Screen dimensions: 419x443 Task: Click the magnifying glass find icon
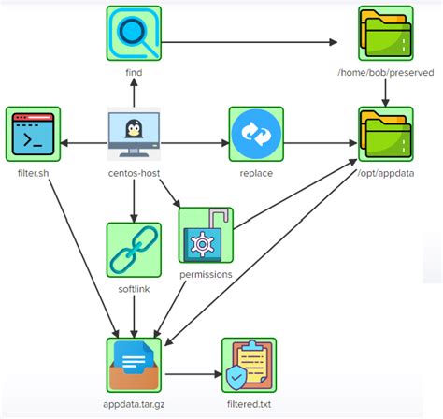134,34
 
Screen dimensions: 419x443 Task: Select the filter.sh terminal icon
33,135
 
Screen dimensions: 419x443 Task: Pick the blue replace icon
256,135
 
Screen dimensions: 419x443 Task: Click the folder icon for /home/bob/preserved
385,34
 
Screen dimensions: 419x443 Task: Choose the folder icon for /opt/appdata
385,135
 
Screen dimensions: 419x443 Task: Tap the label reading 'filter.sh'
35,173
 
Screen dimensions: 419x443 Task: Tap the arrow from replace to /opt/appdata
319,142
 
